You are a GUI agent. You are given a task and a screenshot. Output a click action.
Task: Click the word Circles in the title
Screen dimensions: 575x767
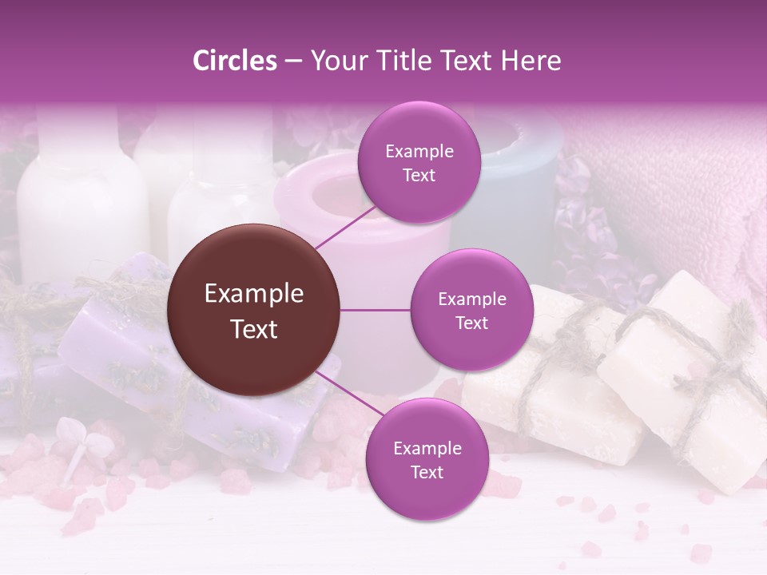pyautogui.click(x=235, y=61)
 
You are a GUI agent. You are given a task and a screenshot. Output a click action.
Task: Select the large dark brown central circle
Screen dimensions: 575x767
pyautogui.click(x=254, y=311)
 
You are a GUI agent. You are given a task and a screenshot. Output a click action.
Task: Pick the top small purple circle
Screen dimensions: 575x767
pyautogui.click(x=419, y=163)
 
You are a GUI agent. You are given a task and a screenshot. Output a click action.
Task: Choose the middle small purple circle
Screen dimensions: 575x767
pyautogui.click(x=471, y=311)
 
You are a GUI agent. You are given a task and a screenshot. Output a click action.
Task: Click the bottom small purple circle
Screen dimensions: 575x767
pyautogui.click(x=427, y=459)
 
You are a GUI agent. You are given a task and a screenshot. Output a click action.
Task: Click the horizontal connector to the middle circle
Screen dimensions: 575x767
pyautogui.click(x=376, y=311)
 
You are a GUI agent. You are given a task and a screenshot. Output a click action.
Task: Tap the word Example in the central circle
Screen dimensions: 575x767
pyautogui.click(x=254, y=294)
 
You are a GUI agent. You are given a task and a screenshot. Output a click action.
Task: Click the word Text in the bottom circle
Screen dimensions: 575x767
pyautogui.click(x=427, y=472)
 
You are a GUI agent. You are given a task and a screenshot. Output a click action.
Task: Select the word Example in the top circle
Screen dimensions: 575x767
pyautogui.click(x=419, y=152)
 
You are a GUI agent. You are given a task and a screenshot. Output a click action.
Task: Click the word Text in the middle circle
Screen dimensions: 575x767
pyautogui.click(x=471, y=323)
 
